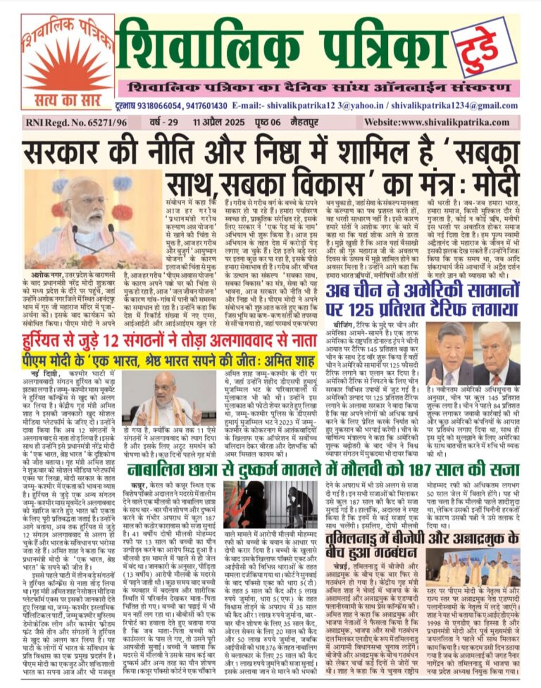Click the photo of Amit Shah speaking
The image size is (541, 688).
163,399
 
